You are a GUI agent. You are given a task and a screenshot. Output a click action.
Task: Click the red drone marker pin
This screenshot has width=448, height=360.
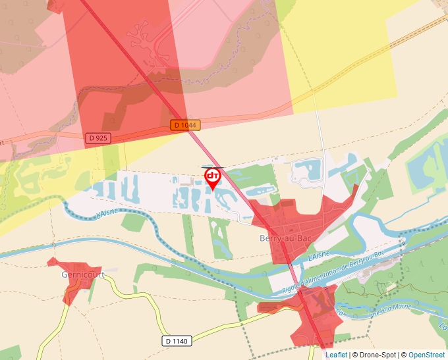tap(213, 178)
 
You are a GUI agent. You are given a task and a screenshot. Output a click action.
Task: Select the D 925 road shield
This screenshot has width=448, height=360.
tap(98, 138)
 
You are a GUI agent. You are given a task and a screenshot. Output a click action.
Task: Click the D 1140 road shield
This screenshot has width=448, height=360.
tap(176, 341)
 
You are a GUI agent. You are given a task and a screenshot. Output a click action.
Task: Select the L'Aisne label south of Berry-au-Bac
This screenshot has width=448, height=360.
tap(319, 255)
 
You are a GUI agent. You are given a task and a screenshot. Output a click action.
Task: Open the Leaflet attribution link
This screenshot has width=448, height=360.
tap(336, 355)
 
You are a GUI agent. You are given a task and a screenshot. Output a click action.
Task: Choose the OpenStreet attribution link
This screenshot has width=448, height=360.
tap(426, 355)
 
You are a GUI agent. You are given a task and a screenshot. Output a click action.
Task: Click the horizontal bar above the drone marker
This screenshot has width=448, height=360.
tap(213, 167)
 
